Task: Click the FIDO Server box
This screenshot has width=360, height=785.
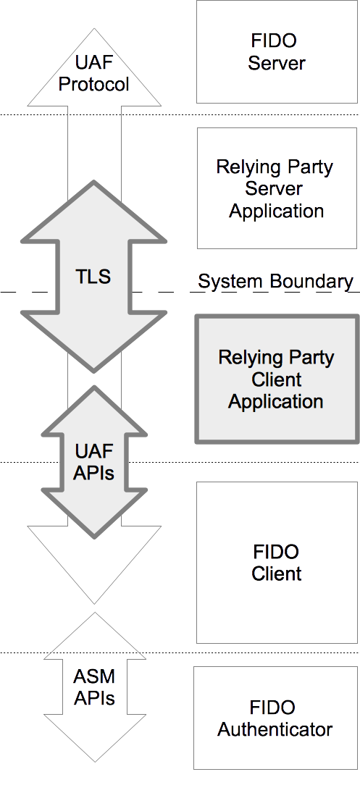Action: point(277,51)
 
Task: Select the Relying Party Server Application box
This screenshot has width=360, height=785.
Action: point(277,188)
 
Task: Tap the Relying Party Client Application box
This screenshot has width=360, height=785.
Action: point(277,379)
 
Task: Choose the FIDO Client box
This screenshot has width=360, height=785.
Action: point(277,562)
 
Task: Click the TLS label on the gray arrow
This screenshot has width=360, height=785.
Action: point(93,276)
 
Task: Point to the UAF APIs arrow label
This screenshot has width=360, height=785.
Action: point(94,462)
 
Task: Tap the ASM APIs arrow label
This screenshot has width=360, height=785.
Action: point(94,688)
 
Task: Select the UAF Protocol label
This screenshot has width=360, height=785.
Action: point(94,72)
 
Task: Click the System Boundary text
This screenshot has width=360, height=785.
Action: point(276,282)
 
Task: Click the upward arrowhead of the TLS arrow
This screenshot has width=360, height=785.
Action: point(94,210)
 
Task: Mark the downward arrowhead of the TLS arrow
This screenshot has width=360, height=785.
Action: point(94,344)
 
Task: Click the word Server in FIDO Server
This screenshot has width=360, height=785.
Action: point(277,63)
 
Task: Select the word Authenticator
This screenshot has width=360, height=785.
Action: point(275,729)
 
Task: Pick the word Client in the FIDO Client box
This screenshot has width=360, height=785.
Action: point(277,574)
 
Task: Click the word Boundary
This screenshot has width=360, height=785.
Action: point(313,282)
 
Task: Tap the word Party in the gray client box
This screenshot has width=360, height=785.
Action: point(309,358)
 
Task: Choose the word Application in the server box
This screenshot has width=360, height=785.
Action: point(277,211)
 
